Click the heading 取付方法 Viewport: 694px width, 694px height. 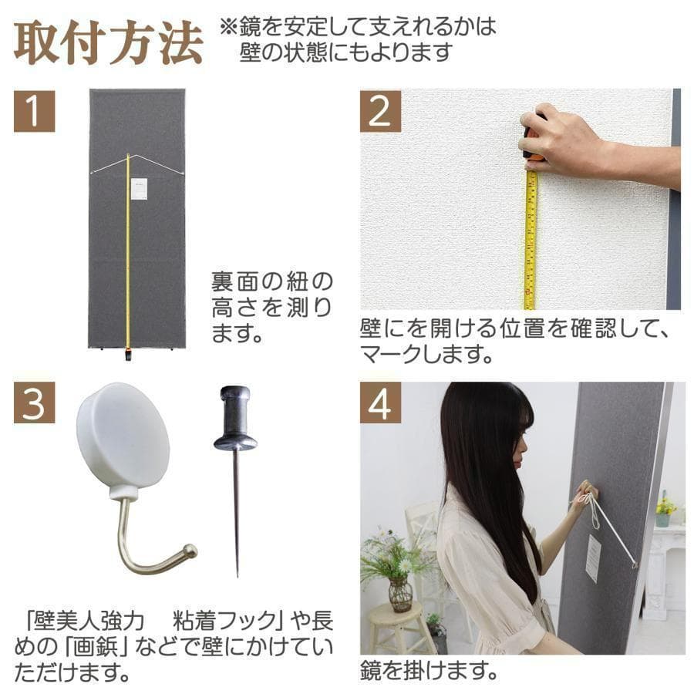[108, 45]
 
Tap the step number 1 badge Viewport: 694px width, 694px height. [34, 111]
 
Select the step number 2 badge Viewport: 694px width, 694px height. [380, 111]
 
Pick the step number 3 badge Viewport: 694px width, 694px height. [34, 402]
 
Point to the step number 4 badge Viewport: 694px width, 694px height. [380, 403]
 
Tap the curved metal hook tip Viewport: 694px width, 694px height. [188, 551]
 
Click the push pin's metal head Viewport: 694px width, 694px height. [234, 420]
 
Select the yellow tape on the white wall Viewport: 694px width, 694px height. [531, 239]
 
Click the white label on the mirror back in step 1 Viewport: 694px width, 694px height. [140, 189]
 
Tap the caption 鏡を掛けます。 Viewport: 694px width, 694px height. [428, 670]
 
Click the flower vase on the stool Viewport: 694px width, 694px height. [399, 594]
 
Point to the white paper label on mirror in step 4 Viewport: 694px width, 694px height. [592, 558]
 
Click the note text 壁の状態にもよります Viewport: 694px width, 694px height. [345, 53]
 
